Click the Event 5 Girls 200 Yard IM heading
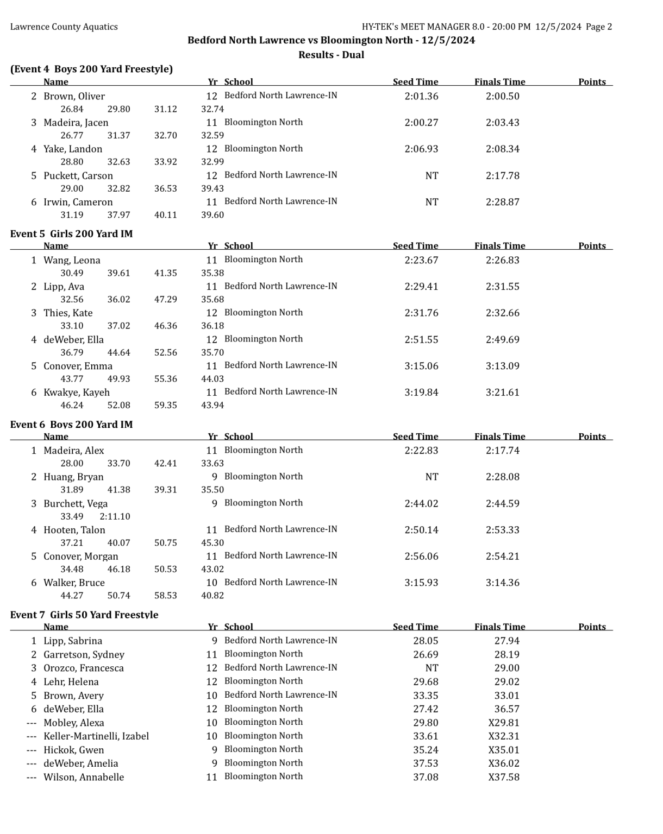(71, 234)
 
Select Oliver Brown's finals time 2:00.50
(502, 97)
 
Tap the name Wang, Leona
(72, 261)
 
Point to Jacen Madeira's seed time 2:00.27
(421, 123)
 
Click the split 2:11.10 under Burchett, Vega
(115, 517)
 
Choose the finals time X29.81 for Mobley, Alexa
(504, 723)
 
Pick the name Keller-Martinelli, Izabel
(96, 737)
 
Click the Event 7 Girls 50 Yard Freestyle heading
(84, 615)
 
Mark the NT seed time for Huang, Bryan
(431, 477)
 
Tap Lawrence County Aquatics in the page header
(64, 27)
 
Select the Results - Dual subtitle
(331, 55)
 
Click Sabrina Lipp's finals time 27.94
(506, 641)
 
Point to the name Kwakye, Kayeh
(77, 393)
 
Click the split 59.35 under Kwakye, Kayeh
(165, 406)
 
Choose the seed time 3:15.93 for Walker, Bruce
(421, 583)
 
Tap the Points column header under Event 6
(592, 437)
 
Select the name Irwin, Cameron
(78, 203)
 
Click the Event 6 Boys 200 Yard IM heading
(71, 425)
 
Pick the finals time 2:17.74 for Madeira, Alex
(502, 451)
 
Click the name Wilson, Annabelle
(84, 778)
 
